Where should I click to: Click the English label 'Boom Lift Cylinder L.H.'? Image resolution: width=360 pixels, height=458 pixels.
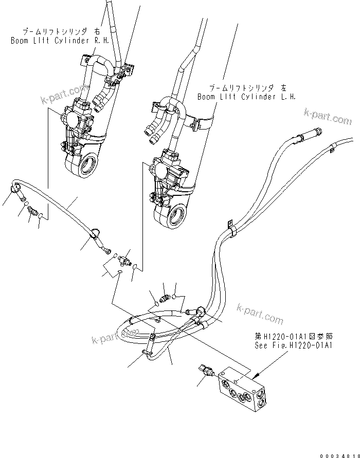click(246, 97)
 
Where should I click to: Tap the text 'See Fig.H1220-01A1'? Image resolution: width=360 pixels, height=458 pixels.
click(295, 345)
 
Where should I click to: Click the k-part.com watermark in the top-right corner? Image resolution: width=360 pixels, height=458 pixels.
click(328, 117)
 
